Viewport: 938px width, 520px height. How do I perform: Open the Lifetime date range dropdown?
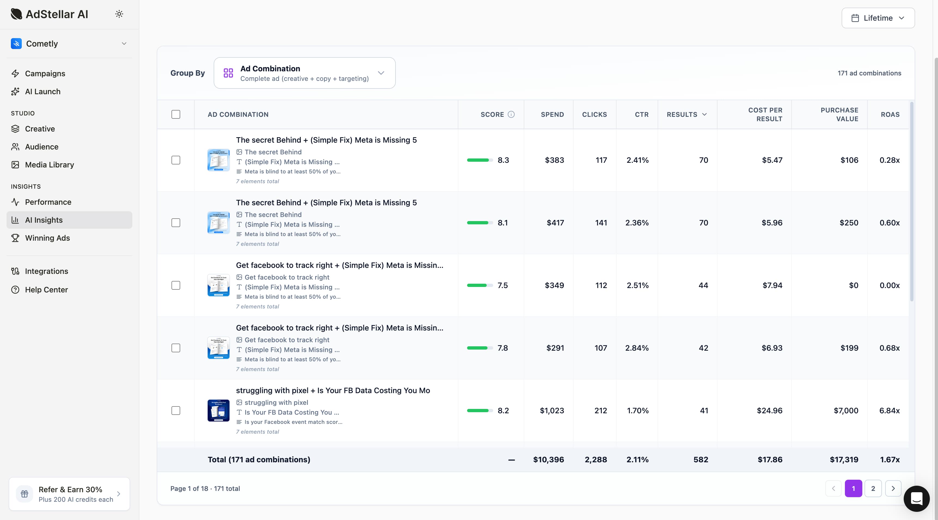coord(878,18)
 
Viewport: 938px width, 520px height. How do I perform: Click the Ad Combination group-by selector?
coord(304,73)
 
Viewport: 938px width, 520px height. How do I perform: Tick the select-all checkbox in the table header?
coord(176,114)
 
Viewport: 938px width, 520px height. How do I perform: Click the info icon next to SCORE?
coord(511,114)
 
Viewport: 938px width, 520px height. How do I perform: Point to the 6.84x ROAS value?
coord(889,410)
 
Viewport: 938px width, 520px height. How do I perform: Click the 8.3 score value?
coord(503,160)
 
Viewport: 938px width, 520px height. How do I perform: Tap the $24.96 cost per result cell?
coord(770,410)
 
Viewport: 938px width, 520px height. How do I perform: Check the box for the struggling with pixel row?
coord(176,410)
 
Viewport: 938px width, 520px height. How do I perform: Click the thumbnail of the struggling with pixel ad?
coord(219,410)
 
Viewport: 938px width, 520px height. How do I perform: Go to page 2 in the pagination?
coord(873,488)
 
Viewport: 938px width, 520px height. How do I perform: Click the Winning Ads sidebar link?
coord(47,238)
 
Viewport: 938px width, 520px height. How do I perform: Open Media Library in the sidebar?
coord(49,165)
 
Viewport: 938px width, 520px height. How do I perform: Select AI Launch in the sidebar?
coord(43,91)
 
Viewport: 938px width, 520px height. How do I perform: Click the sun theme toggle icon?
coord(119,14)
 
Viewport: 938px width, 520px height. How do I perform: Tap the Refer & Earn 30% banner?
coord(69,494)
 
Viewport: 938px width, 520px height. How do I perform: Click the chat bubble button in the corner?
coord(916,498)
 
